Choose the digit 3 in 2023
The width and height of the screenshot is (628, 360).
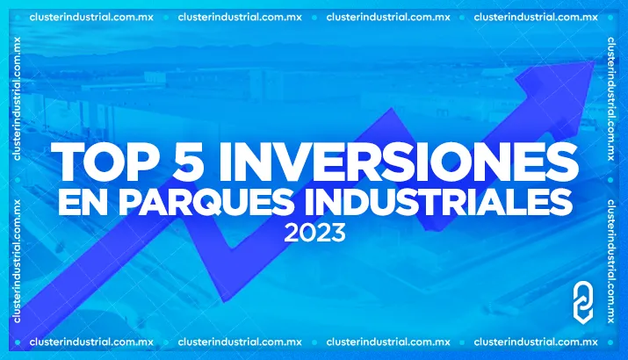[x=336, y=234]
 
